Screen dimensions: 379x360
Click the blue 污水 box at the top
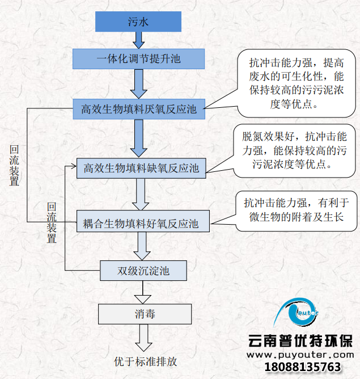[x=138, y=23]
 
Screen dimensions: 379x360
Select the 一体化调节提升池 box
[x=138, y=58]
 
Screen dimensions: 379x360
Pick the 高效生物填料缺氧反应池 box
[x=141, y=168]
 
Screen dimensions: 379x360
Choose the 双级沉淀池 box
[x=143, y=271]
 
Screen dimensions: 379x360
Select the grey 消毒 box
[x=145, y=314]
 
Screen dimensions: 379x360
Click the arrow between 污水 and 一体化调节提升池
[x=138, y=40]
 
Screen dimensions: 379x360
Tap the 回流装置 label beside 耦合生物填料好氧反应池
[x=52, y=223]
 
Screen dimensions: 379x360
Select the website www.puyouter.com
[x=303, y=355]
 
